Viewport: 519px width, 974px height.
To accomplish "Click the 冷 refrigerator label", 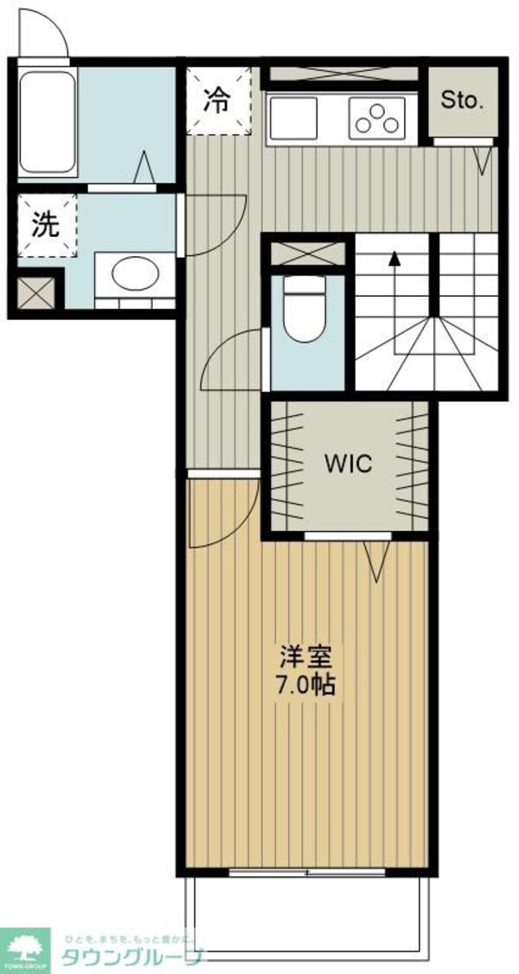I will point(216,100).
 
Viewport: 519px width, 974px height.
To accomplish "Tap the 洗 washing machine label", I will point(45,225).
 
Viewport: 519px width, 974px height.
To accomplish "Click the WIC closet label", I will point(348,463).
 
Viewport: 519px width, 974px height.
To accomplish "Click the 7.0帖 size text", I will point(304,684).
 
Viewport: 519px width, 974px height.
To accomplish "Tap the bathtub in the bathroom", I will point(48,123).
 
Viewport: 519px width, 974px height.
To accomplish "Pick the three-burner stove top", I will point(377,119).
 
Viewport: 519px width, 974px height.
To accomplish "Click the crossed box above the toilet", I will point(308,253).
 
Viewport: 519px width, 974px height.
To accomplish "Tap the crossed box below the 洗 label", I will point(34,293).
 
